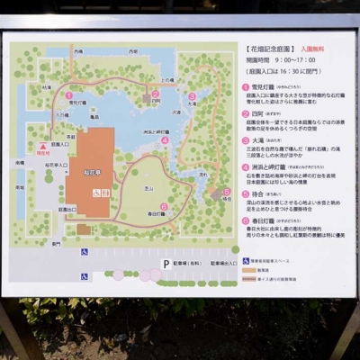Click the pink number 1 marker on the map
tap(68, 94)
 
